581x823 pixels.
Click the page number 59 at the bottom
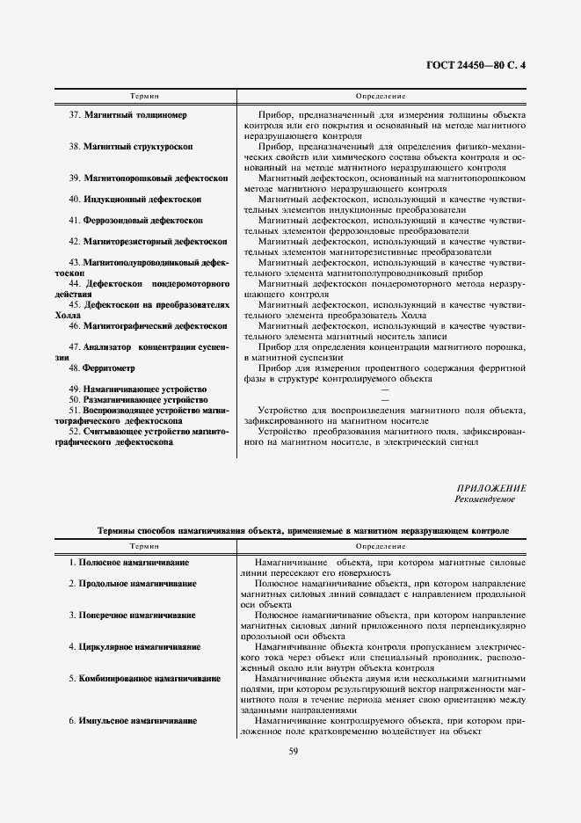294,750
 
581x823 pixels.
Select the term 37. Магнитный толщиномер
127,116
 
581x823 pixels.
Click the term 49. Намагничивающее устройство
137,389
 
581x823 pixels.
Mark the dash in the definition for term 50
383,400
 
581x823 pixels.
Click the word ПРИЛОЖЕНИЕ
491,488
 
